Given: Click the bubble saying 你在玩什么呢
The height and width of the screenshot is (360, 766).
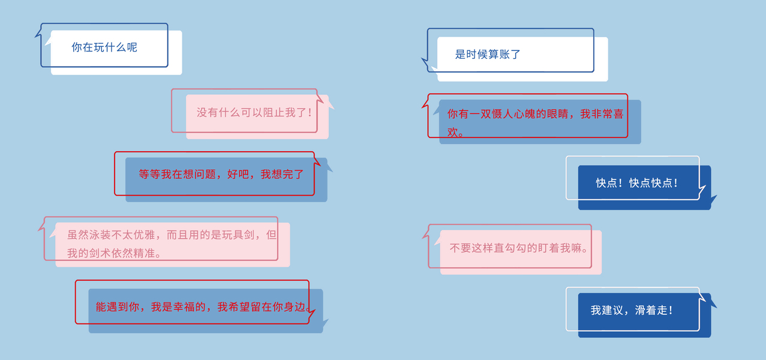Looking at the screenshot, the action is (104, 47).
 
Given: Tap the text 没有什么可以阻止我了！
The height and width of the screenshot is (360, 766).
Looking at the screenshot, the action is (255, 112).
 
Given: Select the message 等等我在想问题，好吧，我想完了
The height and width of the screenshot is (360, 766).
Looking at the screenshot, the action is (221, 175).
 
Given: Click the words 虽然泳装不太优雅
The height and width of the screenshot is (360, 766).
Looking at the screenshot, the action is (113, 235).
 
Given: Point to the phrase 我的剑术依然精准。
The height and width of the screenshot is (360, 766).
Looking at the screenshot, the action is (114, 253).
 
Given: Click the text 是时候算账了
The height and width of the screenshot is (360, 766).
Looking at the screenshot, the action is (488, 55).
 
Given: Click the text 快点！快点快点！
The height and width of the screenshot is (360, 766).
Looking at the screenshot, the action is (637, 183).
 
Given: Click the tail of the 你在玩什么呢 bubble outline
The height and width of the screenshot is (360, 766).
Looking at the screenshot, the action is (39, 35).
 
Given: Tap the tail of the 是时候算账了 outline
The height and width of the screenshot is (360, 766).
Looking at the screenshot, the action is (425, 61).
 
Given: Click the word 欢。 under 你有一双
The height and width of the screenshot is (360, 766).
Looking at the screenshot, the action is (456, 133).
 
